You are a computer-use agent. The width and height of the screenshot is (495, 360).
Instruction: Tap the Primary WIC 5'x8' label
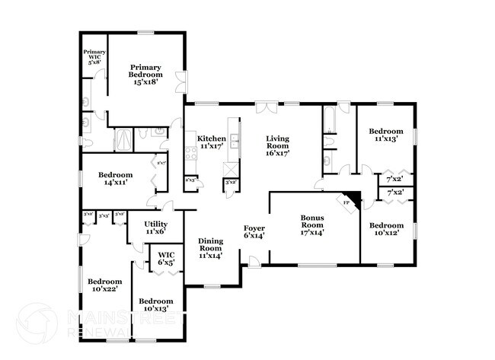(x=94, y=57)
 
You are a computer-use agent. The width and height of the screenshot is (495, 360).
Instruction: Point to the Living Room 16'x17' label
(x=277, y=145)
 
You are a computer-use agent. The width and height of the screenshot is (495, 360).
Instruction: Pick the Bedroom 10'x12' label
(x=386, y=229)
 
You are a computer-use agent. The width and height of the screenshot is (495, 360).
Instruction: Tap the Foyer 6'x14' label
(x=254, y=232)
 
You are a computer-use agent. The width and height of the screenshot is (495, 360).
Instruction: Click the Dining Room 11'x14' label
(x=211, y=247)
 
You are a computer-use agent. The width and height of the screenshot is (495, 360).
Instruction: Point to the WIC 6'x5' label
(x=166, y=259)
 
